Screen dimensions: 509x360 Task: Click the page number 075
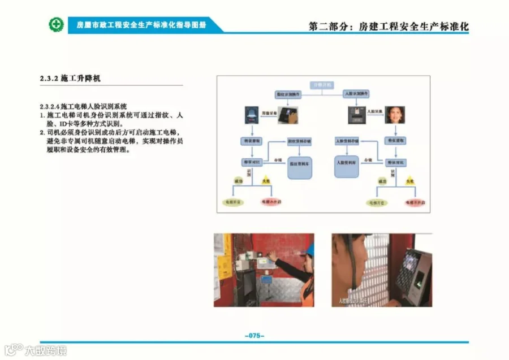point(255,335)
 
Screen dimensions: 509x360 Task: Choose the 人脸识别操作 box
point(357,93)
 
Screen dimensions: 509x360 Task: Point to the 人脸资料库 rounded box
point(346,164)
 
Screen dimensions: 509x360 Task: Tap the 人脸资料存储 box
point(347,140)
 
